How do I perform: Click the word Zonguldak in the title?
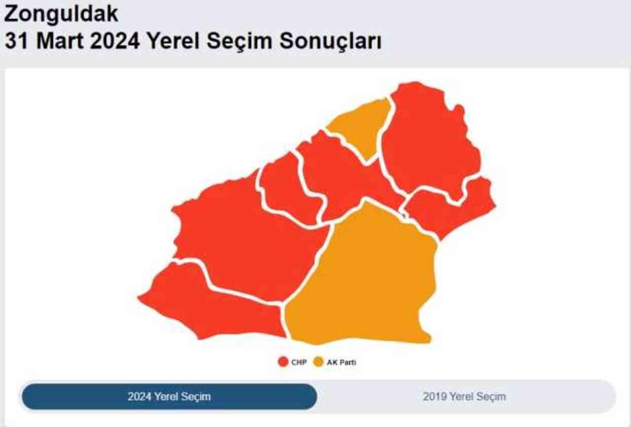pyautogui.click(x=61, y=14)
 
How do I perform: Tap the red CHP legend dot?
pyautogui.click(x=283, y=363)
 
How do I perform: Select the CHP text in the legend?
pyautogui.click(x=299, y=363)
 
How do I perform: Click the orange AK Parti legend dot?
pyautogui.click(x=318, y=363)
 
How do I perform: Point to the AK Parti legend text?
pyautogui.click(x=345, y=363)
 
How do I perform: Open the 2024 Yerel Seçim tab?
pyautogui.click(x=169, y=397)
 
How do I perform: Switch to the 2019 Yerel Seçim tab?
pyautogui.click(x=464, y=397)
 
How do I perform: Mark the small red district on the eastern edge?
pyautogui.click(x=451, y=208)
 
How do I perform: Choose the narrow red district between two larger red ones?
pyautogui.click(x=286, y=188)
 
